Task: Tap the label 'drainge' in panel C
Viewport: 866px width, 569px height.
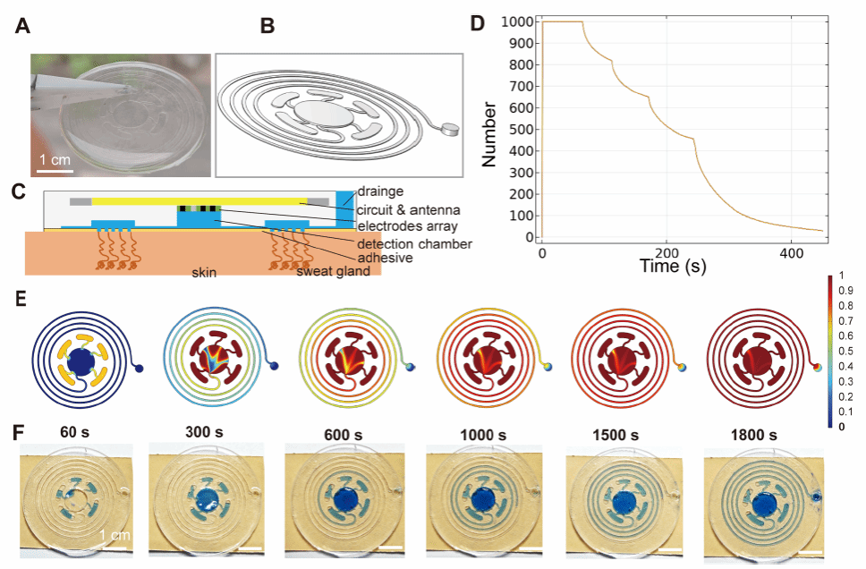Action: coord(378,191)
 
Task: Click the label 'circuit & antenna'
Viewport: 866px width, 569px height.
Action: coord(399,204)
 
